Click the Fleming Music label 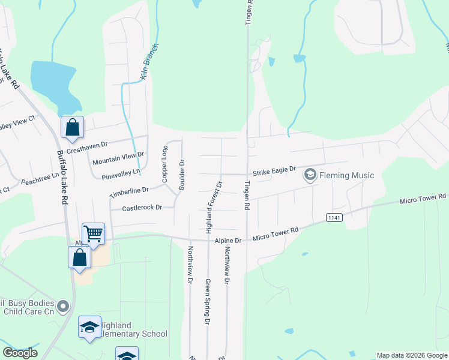[347, 175]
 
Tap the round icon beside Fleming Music [310, 175]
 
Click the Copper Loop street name [164, 164]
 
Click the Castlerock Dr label [142, 208]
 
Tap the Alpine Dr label [228, 240]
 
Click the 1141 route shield [334, 217]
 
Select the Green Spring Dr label [208, 302]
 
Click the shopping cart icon [93, 233]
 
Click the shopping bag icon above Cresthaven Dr [72, 127]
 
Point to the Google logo [20, 353]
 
